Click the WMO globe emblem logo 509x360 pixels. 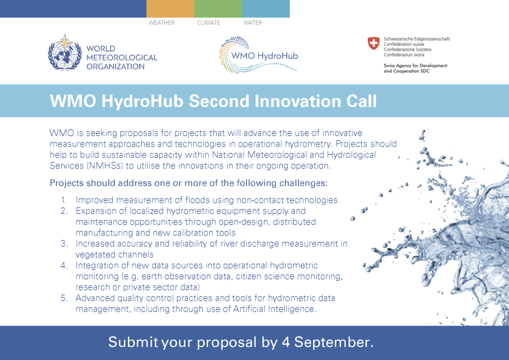tap(65, 53)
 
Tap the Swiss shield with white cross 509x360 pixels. tap(374, 43)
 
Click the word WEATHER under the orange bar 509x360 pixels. tap(162, 23)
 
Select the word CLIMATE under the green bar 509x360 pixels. tap(209, 23)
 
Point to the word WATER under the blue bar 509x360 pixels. tap(253, 23)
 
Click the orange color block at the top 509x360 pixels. tap(170, 9)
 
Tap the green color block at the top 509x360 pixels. tap(218, 9)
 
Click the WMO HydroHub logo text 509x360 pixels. tap(264, 56)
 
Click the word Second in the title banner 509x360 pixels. tap(219, 101)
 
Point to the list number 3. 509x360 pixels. tap(64, 244)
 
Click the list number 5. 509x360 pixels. tap(64, 298)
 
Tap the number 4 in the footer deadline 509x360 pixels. tap(286, 343)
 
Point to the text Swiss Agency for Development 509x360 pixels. tap(416, 66)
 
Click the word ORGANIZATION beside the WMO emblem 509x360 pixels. tap(115, 67)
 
